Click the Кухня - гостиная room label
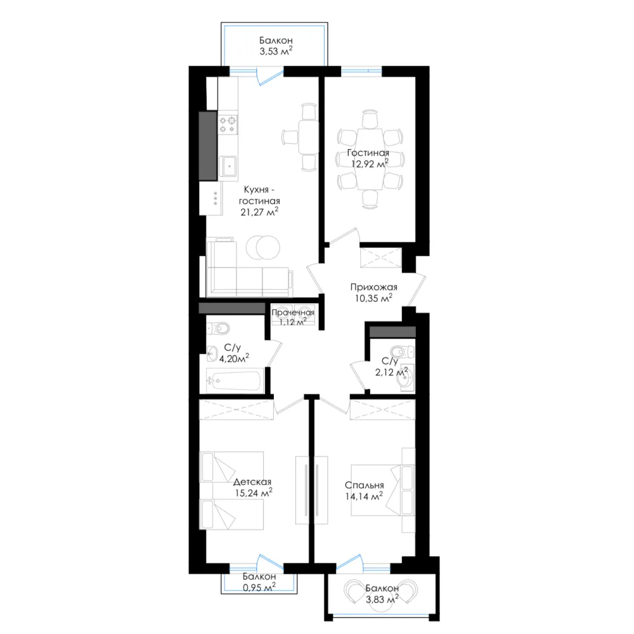(259, 195)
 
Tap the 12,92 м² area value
(370, 164)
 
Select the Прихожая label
(373, 287)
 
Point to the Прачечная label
(293, 312)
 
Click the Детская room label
(252, 482)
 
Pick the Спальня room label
(365, 485)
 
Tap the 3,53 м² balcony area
(276, 51)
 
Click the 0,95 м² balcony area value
(259, 587)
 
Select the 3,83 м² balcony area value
(382, 599)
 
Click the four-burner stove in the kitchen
(228, 124)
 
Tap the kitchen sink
(228, 165)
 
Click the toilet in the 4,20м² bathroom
(218, 328)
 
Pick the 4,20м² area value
(234, 358)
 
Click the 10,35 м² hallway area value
(373, 299)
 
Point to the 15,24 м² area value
(254, 493)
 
